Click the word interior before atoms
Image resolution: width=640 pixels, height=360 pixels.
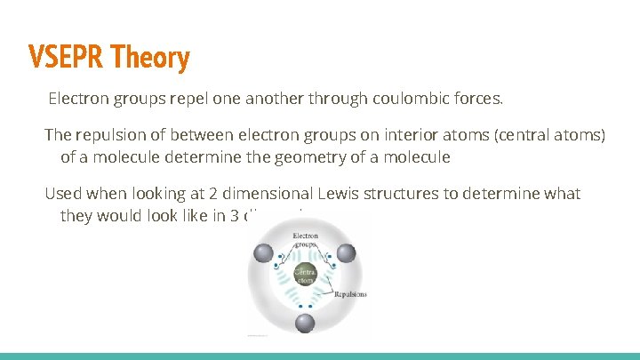[412, 135]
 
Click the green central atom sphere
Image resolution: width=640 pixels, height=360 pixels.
[304, 276]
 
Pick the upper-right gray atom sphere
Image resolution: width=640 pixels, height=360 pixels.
[346, 254]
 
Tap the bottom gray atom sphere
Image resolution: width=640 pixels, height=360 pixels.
[304, 324]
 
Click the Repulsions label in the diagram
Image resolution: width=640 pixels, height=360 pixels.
[350, 294]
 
